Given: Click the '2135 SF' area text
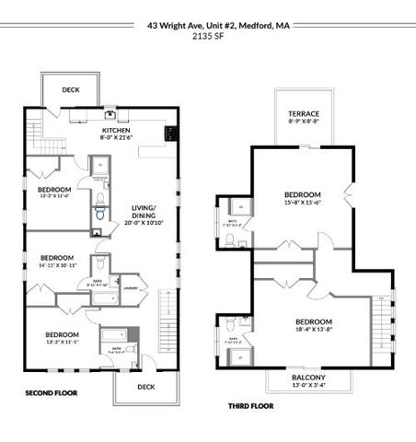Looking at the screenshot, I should pyautogui.click(x=208, y=39).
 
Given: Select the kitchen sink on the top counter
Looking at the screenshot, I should pyautogui.click(x=110, y=115).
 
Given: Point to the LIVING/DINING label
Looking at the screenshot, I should pyautogui.click(x=143, y=213).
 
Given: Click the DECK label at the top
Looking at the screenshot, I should pyautogui.click(x=71, y=89).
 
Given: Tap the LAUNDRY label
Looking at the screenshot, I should pyautogui.click(x=132, y=285).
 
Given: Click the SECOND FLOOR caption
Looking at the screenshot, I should pyautogui.click(x=51, y=393).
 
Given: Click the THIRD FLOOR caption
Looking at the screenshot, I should pyautogui.click(x=250, y=404).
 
